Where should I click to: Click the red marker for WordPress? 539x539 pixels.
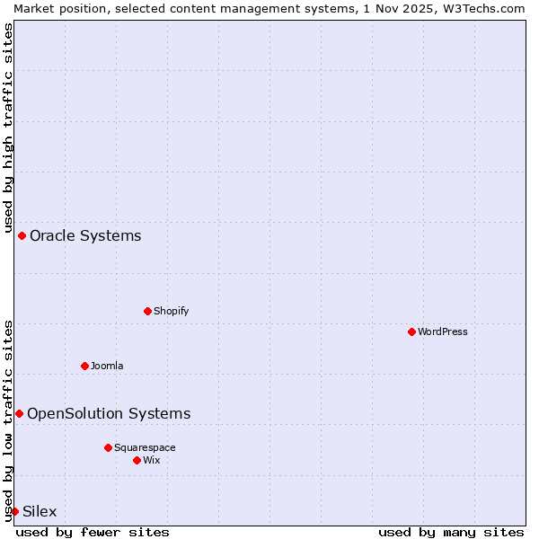coord(411,331)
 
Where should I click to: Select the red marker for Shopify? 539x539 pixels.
coord(147,311)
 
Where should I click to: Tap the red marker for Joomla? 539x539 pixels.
coord(84,366)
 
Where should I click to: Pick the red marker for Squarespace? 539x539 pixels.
coord(108,447)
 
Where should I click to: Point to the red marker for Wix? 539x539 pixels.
coord(137,460)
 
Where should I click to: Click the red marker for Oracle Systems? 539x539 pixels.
coord(22,235)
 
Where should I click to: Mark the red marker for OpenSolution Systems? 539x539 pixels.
coord(19,413)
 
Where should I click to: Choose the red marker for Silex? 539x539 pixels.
coord(14,511)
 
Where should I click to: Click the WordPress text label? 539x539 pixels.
coord(443,331)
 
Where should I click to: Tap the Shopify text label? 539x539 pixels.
coord(171,311)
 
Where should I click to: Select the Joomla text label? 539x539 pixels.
coord(107,366)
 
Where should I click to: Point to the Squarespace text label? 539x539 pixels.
coord(145,447)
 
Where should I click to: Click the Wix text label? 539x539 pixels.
coord(151,460)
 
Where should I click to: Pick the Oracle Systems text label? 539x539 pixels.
coord(85,236)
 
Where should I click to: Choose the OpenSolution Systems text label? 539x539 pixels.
coord(109,414)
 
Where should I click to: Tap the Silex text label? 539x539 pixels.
coord(40,512)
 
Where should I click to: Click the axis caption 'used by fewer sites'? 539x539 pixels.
coord(93,532)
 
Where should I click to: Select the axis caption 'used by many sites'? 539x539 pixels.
coord(451,532)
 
